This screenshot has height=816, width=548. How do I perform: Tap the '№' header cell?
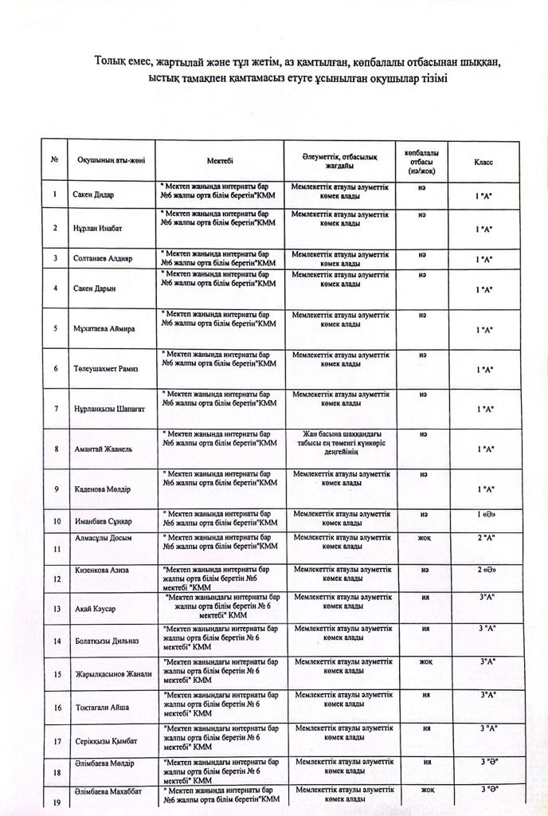[55, 160]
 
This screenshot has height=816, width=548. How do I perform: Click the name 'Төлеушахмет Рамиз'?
[106, 369]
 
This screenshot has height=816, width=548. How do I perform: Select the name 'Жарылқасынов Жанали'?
[112, 674]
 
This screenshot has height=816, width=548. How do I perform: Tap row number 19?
[56, 802]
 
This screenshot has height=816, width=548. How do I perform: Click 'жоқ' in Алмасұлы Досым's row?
[425, 538]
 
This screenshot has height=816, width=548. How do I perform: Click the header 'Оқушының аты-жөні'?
[112, 161]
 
